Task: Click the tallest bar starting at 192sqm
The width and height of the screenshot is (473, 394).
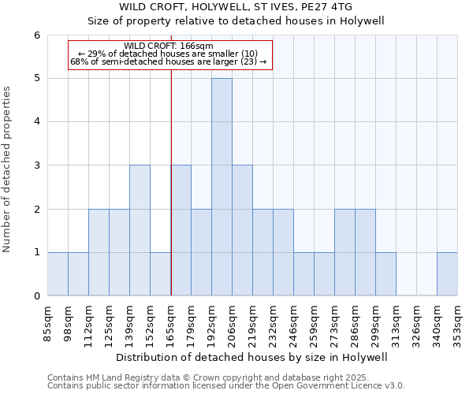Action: [x=222, y=187]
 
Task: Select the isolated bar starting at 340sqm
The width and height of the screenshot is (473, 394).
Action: [x=447, y=273]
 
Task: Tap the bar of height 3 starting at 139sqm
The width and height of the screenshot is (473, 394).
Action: [x=140, y=230]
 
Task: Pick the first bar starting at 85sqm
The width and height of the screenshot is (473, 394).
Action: [x=58, y=273]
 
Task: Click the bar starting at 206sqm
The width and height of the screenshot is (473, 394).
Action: [x=242, y=230]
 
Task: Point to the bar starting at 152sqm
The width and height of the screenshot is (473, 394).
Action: [x=160, y=273]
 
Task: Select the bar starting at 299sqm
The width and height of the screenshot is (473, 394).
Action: [x=385, y=273]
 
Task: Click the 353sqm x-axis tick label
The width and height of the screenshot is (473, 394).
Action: [x=458, y=323]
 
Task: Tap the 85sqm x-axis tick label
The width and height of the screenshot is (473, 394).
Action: [x=48, y=323]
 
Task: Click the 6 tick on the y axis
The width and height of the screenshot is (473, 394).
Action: [x=36, y=35]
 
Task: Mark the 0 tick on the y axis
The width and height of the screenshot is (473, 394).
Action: [x=36, y=295]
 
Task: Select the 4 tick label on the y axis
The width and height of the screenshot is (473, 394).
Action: [x=36, y=121]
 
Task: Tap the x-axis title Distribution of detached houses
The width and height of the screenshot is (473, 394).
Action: [x=252, y=357]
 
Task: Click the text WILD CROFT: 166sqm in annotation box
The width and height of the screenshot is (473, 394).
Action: [x=169, y=46]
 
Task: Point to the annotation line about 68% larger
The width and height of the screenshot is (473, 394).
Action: [x=169, y=61]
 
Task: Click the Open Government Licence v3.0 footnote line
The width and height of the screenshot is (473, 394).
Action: [x=226, y=386]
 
